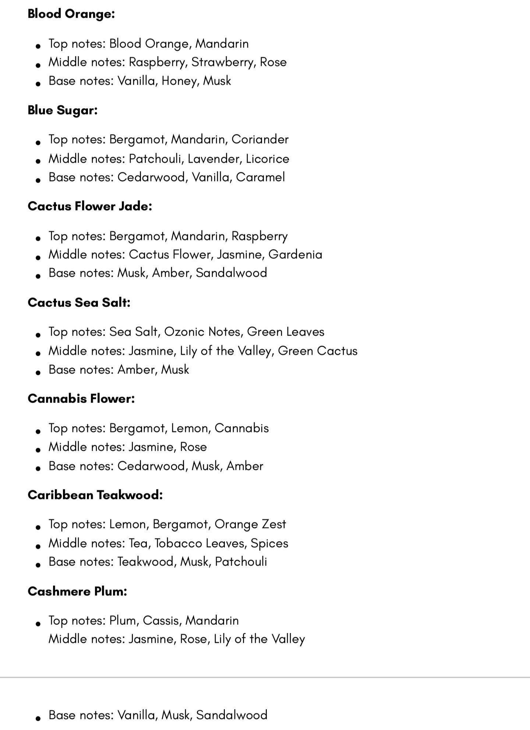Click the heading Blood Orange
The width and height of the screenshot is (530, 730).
pyautogui.click(x=71, y=14)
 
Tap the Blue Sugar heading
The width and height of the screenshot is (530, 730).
pyautogui.click(x=63, y=110)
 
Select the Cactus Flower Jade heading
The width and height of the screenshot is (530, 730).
pyautogui.click(x=90, y=206)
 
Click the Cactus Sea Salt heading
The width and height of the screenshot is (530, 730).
pyautogui.click(x=79, y=302)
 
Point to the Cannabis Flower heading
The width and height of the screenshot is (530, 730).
pyautogui.click(x=81, y=398)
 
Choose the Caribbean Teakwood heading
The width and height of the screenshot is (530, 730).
pyautogui.click(x=95, y=495)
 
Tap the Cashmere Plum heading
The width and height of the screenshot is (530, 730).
pyautogui.click(x=77, y=591)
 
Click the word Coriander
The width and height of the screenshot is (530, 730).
pyautogui.click(x=260, y=139)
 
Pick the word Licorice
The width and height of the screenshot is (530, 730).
pyautogui.click(x=267, y=159)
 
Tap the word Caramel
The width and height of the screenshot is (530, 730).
pyautogui.click(x=260, y=177)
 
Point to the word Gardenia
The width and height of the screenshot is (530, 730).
pyautogui.click(x=295, y=255)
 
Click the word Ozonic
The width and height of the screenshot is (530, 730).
pyautogui.click(x=184, y=332)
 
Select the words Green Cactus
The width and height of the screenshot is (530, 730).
pyautogui.click(x=318, y=351)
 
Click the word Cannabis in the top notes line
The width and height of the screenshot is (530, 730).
pyautogui.click(x=241, y=428)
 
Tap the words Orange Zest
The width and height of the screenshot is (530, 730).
pyautogui.click(x=250, y=524)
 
